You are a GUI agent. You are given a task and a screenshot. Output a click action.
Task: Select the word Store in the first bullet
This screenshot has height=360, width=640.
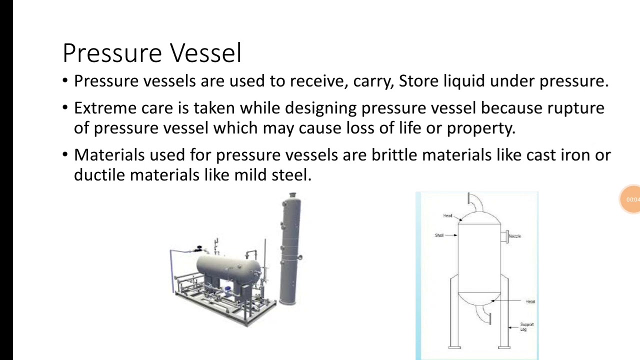click(x=418, y=81)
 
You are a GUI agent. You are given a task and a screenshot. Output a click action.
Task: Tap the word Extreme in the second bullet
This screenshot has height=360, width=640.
click(x=104, y=108)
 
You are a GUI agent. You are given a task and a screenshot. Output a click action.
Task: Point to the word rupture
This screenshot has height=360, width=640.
click(x=575, y=108)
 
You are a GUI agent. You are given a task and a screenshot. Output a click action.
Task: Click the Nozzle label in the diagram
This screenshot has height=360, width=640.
click(x=514, y=236)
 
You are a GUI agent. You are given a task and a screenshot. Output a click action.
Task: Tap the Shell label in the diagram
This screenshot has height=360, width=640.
click(x=439, y=235)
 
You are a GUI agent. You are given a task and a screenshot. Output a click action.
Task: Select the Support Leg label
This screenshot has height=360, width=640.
click(x=526, y=326)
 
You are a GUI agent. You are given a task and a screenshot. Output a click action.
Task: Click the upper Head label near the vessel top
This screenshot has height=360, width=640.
click(x=447, y=215)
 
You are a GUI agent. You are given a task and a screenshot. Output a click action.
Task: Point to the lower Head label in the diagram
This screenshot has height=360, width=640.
click(x=530, y=301)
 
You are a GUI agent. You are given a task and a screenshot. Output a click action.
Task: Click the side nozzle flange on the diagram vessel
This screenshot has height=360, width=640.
click(x=504, y=236)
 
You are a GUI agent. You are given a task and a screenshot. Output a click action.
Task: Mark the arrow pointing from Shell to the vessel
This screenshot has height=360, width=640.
click(x=451, y=235)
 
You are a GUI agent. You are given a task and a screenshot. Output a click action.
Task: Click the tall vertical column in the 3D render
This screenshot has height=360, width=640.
click(x=289, y=250)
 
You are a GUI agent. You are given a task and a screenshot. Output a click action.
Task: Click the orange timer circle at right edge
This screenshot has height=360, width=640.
click(x=631, y=199)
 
